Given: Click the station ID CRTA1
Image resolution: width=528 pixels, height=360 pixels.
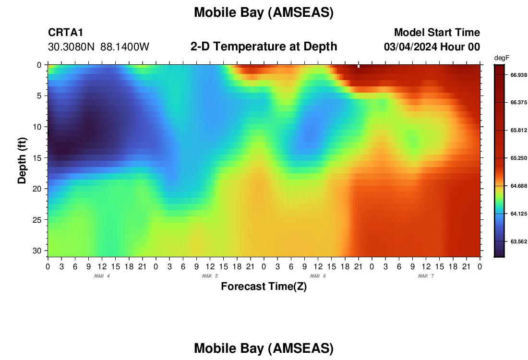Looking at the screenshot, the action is tap(65, 32).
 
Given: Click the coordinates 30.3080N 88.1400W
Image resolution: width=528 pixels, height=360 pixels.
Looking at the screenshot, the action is tap(98, 47).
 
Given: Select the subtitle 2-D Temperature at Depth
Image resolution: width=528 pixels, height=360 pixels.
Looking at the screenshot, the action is tap(264, 47).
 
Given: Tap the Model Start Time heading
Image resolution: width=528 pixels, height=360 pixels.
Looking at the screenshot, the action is tap(437, 32).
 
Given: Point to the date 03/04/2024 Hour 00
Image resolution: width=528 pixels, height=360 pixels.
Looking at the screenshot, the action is tap(432, 47).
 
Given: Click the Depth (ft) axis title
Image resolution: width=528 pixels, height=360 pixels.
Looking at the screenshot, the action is tap(22, 160).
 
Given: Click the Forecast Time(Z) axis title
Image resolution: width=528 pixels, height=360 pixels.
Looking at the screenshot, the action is tap(264, 286).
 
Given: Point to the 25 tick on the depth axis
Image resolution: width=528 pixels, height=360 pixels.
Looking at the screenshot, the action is tap(37, 220).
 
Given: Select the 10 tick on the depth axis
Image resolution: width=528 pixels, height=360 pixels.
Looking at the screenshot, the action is tap(37, 127).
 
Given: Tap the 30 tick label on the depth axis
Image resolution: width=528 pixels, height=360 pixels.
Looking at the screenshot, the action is tap(37, 251).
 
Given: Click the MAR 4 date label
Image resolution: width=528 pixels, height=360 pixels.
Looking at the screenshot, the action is tap(102, 276).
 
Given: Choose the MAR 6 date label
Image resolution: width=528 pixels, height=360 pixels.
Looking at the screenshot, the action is tap(318, 276).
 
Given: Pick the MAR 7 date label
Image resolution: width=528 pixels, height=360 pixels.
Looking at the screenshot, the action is tap(426, 276).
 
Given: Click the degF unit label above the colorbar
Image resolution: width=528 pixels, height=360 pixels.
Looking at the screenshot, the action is tap(502, 58).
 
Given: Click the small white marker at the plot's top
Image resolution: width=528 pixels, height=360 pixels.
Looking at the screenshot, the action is tap(359, 66).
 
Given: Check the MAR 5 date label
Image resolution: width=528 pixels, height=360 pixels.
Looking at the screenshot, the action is tap(210, 276).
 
